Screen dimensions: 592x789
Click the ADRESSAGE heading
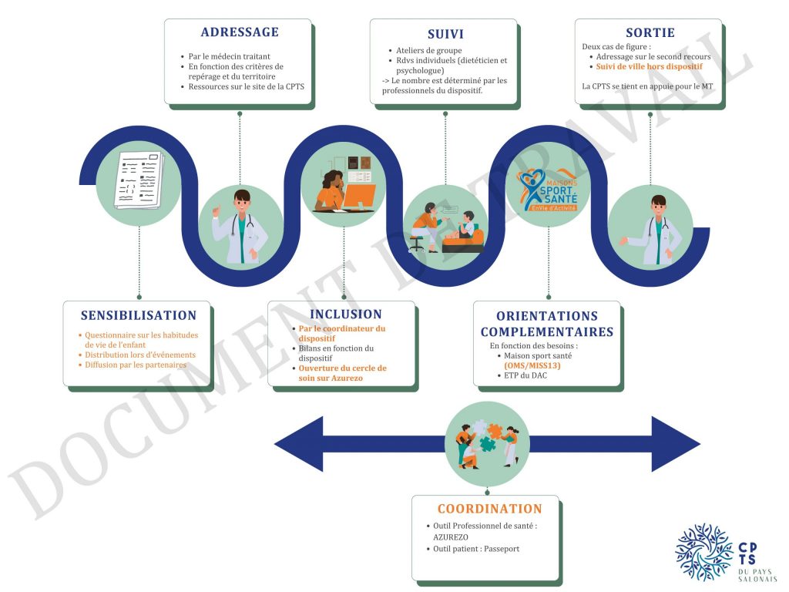[x=240, y=32]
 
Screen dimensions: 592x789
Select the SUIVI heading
[x=445, y=34]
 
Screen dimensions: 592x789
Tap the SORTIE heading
[x=650, y=32]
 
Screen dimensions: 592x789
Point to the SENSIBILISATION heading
[x=139, y=315]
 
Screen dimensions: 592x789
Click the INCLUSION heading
[x=345, y=314]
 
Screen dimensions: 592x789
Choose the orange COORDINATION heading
[x=489, y=509]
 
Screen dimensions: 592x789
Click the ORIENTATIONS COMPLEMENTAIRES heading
[x=547, y=324]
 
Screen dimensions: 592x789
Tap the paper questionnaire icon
[x=139, y=179]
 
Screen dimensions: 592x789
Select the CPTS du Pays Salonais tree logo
[x=703, y=552]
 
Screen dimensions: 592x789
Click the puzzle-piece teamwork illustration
[x=487, y=442]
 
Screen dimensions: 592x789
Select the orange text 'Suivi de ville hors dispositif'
[x=649, y=67]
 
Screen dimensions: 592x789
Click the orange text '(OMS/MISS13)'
[x=532, y=366]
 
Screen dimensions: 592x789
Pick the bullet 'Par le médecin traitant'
[x=230, y=56]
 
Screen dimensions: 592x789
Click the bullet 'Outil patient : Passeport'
[x=476, y=549]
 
